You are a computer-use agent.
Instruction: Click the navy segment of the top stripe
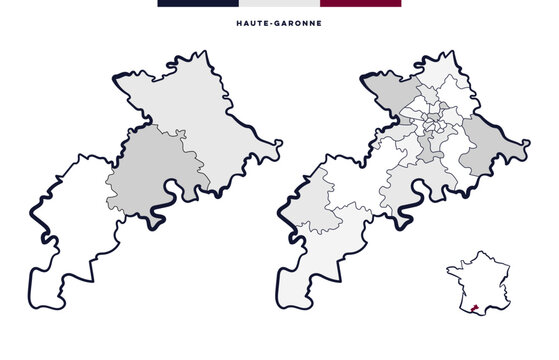[197, 3]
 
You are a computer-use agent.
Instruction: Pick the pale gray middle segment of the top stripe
[279, 3]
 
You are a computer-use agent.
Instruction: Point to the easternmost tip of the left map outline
[281, 143]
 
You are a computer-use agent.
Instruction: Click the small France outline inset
[480, 285]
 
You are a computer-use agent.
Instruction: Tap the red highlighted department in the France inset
[472, 309]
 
